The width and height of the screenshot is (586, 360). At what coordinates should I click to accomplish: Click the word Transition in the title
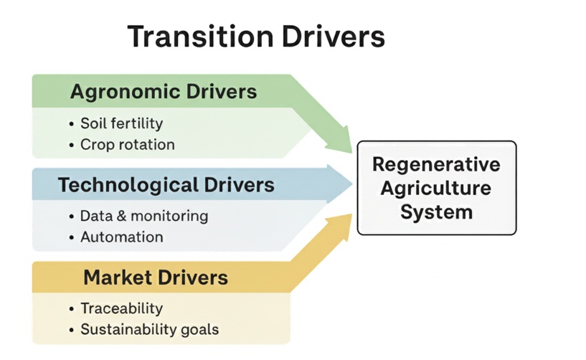click(x=201, y=37)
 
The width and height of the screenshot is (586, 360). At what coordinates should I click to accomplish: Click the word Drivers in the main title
click(x=334, y=37)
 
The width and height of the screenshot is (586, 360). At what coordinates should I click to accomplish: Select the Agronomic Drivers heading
click(x=164, y=92)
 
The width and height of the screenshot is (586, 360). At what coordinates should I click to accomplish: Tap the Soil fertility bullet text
click(x=122, y=123)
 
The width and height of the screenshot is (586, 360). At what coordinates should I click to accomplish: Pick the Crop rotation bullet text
click(x=128, y=145)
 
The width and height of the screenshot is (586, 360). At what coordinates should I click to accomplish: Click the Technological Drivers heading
click(x=166, y=185)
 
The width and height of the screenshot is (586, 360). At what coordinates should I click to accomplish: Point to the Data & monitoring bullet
click(x=144, y=216)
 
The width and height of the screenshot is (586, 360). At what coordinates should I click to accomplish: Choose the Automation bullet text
click(x=122, y=237)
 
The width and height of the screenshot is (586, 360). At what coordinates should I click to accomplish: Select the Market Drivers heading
click(x=156, y=278)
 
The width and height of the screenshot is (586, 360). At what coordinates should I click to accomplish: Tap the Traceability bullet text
click(x=122, y=308)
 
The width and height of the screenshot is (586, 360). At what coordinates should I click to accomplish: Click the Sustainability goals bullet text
click(x=149, y=329)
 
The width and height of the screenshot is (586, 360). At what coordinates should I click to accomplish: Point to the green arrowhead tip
click(x=352, y=153)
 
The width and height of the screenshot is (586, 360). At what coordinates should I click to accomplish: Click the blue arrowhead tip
click(x=352, y=184)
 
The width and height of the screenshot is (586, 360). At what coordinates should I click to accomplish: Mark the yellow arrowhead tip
click(x=352, y=214)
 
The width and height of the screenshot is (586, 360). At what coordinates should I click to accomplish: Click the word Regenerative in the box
click(x=437, y=165)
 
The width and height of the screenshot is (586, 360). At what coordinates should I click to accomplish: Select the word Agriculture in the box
click(x=436, y=188)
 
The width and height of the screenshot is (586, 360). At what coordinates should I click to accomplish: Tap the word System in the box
click(x=437, y=212)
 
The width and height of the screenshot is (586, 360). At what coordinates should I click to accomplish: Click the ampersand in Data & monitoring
click(x=122, y=216)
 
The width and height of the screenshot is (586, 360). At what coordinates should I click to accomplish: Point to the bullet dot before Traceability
click(x=72, y=309)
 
